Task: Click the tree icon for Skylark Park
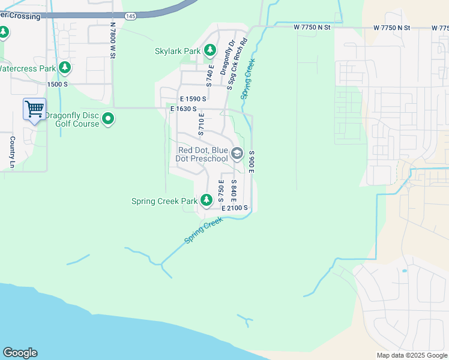point(209,51)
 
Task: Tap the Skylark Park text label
point(177,52)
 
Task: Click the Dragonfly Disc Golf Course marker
point(108,119)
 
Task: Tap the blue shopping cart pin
point(34,109)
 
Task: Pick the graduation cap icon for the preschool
point(237,154)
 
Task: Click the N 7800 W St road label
point(112,40)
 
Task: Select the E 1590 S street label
point(193,98)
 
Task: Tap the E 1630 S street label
point(184,109)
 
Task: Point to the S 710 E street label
point(202,124)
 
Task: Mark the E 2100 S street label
point(234,208)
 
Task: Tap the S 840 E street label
point(234,191)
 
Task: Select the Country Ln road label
point(12,152)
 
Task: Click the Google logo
point(20,353)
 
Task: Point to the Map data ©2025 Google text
point(411,355)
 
